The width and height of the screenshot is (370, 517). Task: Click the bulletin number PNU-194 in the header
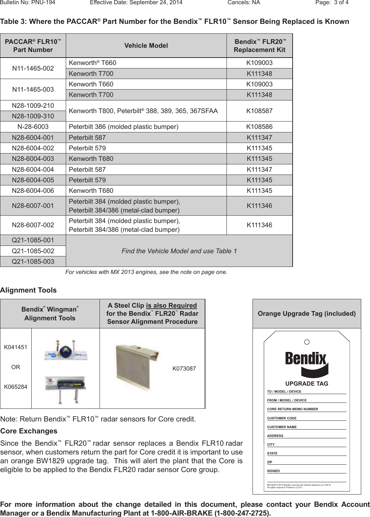tap(27, 2)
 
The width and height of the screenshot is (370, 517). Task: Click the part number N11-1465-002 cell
tap(33, 68)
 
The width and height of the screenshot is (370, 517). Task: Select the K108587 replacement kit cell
tap(259, 111)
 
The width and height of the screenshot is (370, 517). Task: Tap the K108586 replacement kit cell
tap(259, 127)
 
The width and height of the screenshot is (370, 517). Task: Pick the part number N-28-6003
tap(33, 127)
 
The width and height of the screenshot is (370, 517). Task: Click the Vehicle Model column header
tap(146, 46)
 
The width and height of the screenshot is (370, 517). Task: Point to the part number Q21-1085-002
tap(33, 251)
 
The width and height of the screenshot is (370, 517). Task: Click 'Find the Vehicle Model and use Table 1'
tap(179, 251)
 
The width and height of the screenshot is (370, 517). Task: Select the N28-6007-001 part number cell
tap(33, 206)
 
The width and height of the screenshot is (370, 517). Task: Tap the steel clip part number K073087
tap(184, 368)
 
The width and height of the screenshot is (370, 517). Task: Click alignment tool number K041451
tap(15, 347)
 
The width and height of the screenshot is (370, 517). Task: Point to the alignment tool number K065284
tap(15, 387)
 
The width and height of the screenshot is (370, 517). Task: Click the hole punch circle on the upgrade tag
tap(307, 342)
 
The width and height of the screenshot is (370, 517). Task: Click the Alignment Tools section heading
tap(28, 290)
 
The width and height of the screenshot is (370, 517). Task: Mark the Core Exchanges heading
tap(29, 431)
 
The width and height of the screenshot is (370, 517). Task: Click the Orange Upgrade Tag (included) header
tap(307, 314)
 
